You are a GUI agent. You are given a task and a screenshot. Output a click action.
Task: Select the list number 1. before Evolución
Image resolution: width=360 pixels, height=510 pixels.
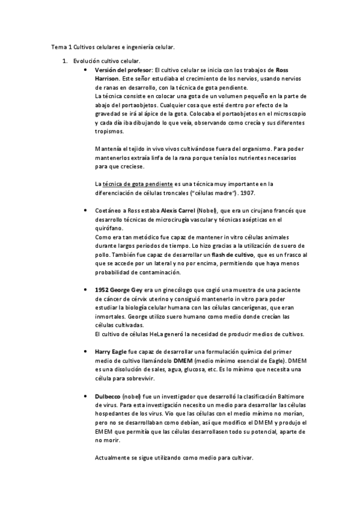(66, 61)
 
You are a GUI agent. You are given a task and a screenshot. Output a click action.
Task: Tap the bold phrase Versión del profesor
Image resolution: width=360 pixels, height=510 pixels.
(123, 70)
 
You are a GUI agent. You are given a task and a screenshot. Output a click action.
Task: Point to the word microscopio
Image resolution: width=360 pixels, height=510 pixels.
(288, 113)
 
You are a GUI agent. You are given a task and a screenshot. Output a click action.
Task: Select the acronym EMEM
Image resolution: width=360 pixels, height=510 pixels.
(105, 432)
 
